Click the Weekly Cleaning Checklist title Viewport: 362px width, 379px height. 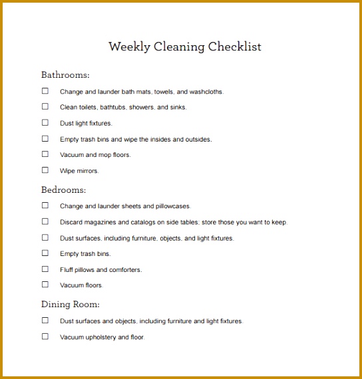(184, 47)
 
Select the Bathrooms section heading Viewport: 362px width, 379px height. (65, 75)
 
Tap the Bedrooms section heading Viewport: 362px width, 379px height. (63, 190)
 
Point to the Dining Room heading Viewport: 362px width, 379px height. (71, 305)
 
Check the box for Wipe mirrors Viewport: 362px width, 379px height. (45, 170)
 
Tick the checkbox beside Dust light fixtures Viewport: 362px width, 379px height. (45, 122)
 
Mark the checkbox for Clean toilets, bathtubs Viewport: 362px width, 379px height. (45, 106)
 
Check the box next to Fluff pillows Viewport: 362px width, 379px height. (45, 269)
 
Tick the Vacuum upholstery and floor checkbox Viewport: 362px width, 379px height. (45, 336)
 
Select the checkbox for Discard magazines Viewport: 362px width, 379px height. (45, 221)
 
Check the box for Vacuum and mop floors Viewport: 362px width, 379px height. (45, 154)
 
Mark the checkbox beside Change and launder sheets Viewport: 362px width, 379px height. (45, 205)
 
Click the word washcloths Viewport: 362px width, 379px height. (206, 92)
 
